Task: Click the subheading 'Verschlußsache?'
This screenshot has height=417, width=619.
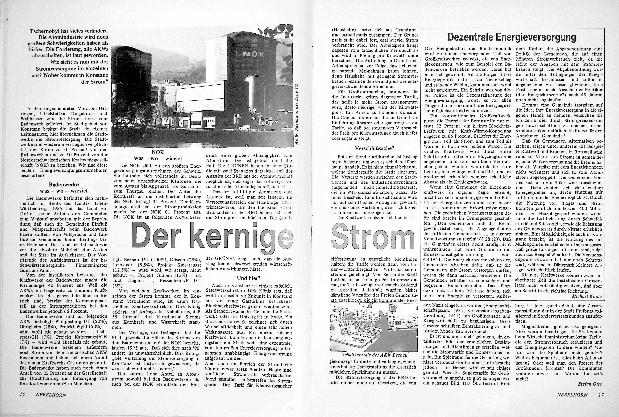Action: pos(374,148)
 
